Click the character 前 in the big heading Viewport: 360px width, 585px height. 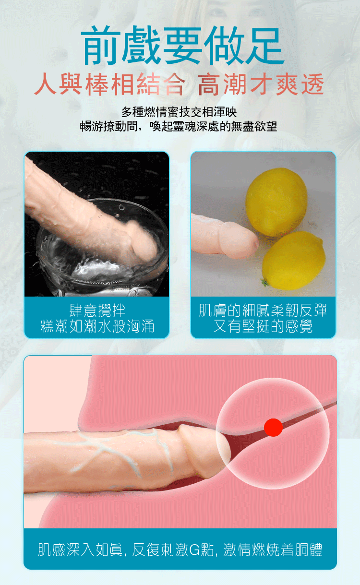pos(101,45)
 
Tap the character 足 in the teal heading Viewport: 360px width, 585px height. pos(265,45)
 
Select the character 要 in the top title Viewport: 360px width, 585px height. pos(183,45)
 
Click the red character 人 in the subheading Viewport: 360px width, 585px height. pos(46,84)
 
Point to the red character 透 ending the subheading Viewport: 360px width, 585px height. pos(312,84)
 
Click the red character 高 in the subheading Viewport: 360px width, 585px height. pos(208,84)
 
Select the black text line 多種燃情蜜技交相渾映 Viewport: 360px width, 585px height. pos(179,112)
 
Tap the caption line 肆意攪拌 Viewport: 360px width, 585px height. pos(97,310)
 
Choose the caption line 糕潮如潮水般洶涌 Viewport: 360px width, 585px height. pos(97,326)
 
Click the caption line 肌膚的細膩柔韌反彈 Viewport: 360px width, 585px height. pos(263,310)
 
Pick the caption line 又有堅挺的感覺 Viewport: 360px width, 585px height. pos(263,326)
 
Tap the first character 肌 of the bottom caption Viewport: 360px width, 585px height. pos(45,549)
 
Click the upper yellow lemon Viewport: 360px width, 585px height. pos(276,202)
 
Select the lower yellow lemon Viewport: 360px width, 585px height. pos(294,261)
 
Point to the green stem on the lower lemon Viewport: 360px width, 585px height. pos(265,282)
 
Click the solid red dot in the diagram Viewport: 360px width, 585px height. pos(273,427)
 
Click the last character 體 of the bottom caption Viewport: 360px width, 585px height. pos(315,549)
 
